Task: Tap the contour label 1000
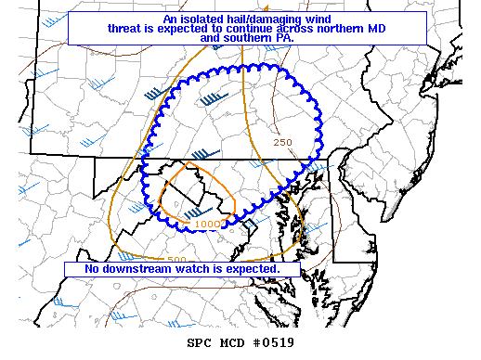pyautogui.click(x=207, y=224)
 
